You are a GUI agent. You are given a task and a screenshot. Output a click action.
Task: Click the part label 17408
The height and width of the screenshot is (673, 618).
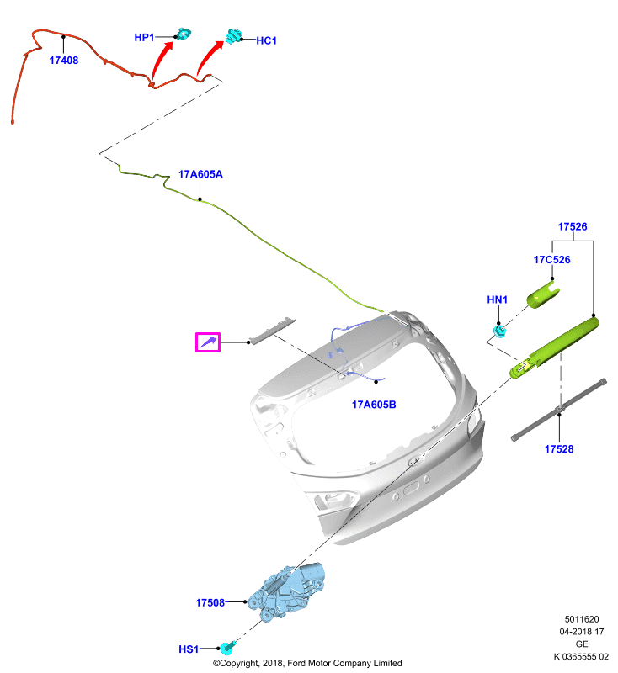(63, 61)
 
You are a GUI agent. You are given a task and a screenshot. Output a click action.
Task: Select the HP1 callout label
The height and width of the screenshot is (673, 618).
(144, 38)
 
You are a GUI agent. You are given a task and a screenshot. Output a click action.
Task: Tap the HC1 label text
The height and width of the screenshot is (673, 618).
(266, 40)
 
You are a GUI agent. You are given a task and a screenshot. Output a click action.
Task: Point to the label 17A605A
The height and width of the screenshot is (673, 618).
(200, 174)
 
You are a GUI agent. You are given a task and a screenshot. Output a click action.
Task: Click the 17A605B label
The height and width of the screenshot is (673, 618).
(374, 405)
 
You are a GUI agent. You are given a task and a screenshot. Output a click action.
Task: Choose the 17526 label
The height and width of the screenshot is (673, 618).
(573, 226)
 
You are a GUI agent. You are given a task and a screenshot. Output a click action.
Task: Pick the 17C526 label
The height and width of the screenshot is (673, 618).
(551, 260)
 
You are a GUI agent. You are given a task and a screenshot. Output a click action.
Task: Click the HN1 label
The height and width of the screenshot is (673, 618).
(498, 299)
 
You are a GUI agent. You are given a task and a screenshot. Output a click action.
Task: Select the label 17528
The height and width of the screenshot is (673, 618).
(559, 449)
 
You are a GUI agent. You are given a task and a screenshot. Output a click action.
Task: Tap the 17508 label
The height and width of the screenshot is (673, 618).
(210, 602)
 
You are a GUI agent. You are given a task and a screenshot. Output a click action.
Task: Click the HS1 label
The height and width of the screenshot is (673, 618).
(189, 649)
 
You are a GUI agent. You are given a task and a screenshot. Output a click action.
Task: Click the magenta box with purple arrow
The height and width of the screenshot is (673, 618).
(208, 342)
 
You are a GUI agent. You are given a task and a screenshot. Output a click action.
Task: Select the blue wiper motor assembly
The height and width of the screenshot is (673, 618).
(286, 591)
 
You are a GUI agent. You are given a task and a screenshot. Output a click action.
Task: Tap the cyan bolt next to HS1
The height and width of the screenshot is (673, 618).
(227, 648)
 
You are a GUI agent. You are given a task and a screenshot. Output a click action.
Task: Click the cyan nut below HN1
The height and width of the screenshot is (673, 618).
(499, 331)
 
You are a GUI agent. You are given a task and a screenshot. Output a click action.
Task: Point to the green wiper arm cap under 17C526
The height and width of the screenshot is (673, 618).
(543, 296)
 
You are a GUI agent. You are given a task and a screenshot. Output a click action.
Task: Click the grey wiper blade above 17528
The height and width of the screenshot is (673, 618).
(559, 410)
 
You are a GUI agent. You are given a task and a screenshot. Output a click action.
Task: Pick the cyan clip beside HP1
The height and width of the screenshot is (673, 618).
(184, 34)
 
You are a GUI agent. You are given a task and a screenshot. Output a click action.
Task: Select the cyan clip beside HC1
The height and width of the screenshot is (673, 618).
(234, 36)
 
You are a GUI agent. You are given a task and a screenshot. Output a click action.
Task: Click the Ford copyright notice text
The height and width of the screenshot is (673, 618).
(307, 663)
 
